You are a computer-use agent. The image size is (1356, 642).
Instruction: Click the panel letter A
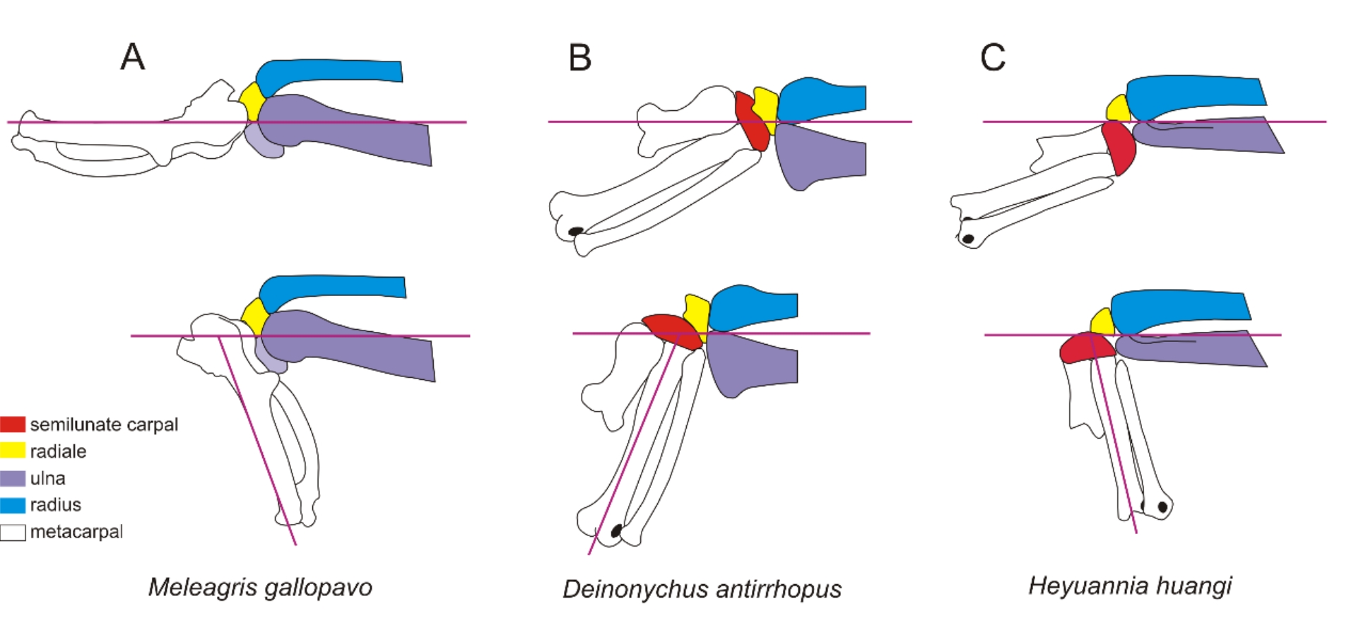[x=133, y=57]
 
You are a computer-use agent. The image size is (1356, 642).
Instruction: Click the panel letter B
[x=579, y=58]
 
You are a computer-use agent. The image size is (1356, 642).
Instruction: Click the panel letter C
[x=992, y=57]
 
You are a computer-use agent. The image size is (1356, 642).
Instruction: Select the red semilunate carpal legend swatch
[x=13, y=424]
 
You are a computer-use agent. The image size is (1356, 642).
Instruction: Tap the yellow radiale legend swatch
[x=13, y=451]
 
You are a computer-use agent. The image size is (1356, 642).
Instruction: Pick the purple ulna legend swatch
[x=13, y=478]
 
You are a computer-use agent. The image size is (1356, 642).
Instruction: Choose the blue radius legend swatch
[x=13, y=505]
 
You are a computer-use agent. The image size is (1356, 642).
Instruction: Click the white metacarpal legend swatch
[x=13, y=532]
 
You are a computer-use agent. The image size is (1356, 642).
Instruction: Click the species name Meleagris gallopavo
[x=260, y=587]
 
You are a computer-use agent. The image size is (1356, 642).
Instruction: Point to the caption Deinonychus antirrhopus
[x=702, y=589]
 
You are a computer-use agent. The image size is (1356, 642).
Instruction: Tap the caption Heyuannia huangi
[x=1130, y=585]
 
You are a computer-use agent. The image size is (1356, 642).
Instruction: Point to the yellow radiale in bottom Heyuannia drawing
[x=1102, y=323]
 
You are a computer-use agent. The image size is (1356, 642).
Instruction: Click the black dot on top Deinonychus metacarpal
[x=576, y=231]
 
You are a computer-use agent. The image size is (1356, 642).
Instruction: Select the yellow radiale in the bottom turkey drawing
[x=254, y=316]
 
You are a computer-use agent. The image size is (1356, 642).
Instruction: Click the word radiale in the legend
[x=58, y=451]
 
